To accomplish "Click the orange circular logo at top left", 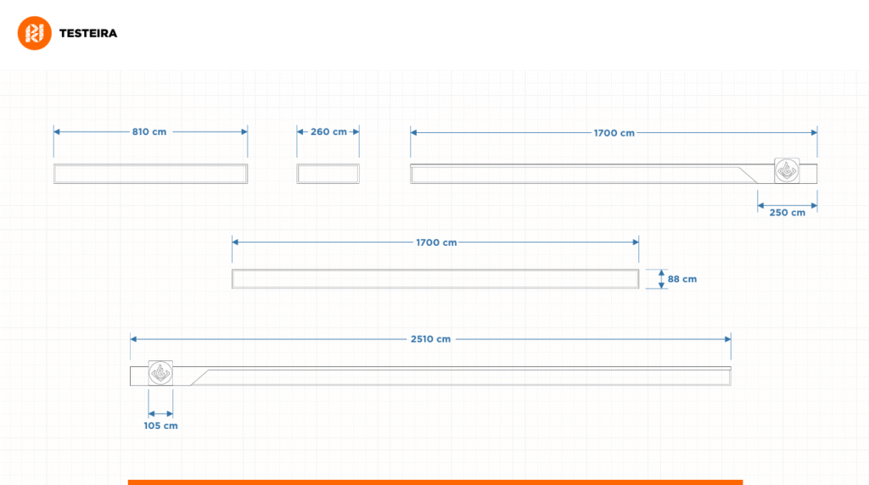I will pos(35,33).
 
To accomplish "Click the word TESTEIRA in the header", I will pos(88,33).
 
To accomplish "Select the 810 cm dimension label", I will pos(149,131).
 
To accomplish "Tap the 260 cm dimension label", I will pos(328,131).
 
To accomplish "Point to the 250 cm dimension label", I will pos(787,213).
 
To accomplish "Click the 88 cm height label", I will pos(682,279).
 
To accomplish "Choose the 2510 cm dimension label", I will pos(430,338).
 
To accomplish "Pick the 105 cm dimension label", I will pos(160,426).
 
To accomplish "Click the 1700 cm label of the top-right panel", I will pos(614,133).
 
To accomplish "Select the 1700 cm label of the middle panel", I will pos(436,242).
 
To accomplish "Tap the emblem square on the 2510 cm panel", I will pos(160,373).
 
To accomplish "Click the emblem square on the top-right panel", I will pos(787,171).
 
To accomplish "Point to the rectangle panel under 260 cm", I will pos(328,174).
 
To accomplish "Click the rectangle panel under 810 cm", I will pos(150,174).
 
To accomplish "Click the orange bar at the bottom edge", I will pos(434,482).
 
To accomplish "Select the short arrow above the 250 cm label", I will pos(787,204).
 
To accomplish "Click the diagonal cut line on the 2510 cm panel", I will pos(201,376).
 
